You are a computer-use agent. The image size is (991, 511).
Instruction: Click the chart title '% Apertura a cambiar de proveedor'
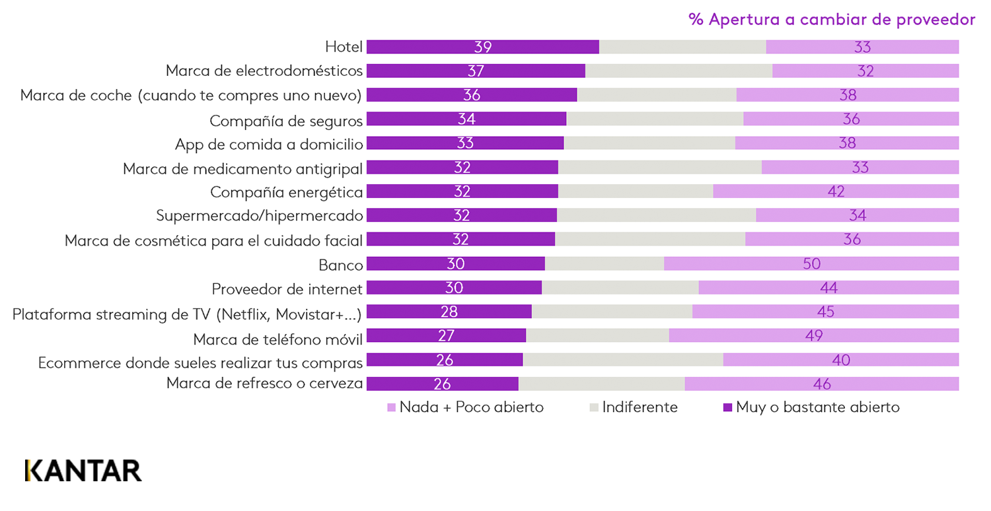[x=831, y=20]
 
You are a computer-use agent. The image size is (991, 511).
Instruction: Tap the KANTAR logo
[x=83, y=470]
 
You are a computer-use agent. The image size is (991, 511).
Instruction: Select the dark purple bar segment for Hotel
[x=482, y=47]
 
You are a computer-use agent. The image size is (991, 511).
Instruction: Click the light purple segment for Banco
[x=811, y=264]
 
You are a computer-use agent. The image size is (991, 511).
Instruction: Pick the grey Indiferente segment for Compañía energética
[x=636, y=191]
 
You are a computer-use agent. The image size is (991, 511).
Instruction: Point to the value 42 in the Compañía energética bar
[x=836, y=191]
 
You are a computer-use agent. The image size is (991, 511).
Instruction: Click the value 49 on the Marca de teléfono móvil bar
[x=814, y=336]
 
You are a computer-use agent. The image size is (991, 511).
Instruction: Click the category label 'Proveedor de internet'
[x=287, y=289]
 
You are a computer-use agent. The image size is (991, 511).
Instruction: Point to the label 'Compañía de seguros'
[x=286, y=121]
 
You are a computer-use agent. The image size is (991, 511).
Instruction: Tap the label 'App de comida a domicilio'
[x=269, y=145]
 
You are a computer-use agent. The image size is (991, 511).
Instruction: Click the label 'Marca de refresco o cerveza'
[x=264, y=384]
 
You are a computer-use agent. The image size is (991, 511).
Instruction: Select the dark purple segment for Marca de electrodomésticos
[x=476, y=71]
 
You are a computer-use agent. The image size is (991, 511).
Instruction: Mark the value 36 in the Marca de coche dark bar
[x=472, y=95]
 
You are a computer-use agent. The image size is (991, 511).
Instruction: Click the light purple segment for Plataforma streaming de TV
[x=825, y=312]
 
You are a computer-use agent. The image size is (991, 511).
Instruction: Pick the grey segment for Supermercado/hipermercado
[x=656, y=215]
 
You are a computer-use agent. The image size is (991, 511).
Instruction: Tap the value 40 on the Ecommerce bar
[x=841, y=360]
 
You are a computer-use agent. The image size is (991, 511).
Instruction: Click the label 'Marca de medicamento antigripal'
[x=243, y=168]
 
